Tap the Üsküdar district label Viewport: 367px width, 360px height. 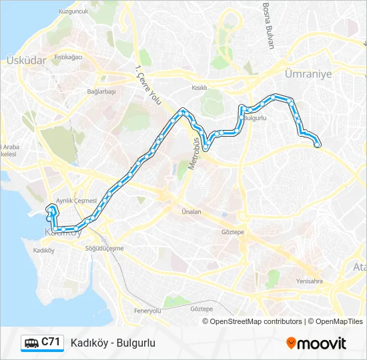click(25, 60)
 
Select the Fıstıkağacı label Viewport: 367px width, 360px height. click(68, 57)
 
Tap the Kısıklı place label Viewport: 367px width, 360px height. click(200, 87)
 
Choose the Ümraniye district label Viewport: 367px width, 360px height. click(308, 74)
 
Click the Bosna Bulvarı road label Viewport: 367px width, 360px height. click(268, 25)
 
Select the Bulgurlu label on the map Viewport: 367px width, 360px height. click(256, 118)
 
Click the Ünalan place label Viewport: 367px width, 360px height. click(192, 211)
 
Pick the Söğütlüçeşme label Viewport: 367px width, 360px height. click(105, 248)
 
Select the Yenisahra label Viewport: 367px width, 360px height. click(309, 281)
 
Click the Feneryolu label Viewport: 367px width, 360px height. click(147, 311)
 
